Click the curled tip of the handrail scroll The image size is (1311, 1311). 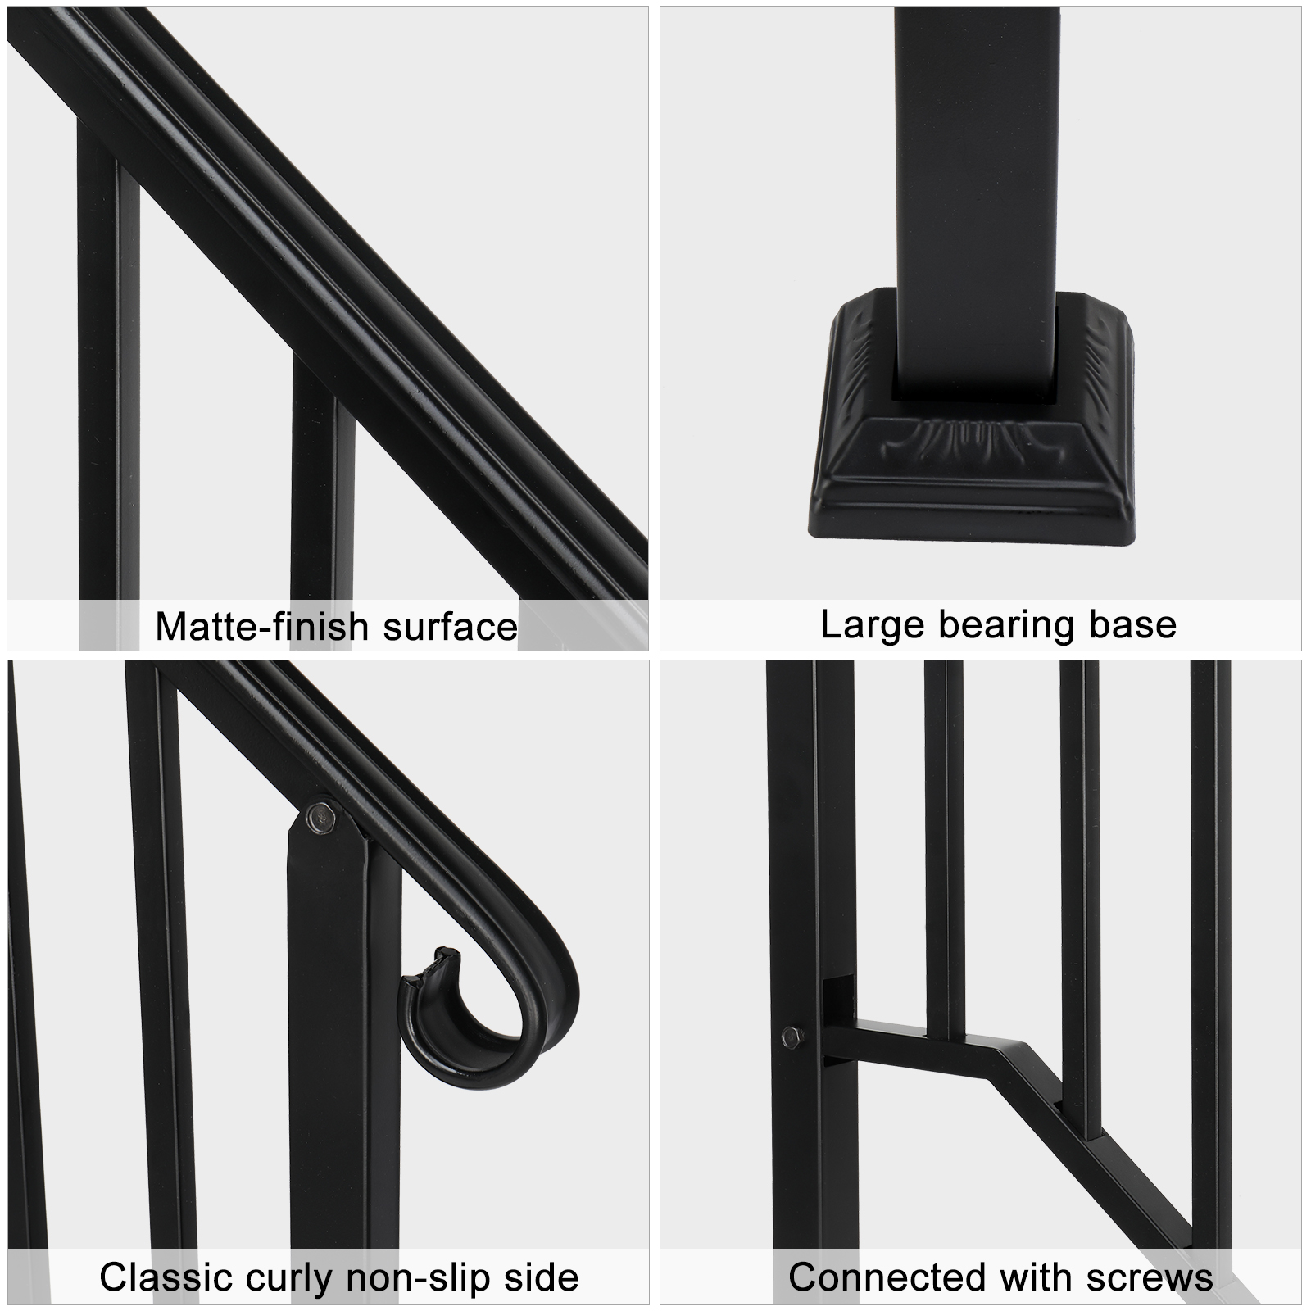coord(443,959)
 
